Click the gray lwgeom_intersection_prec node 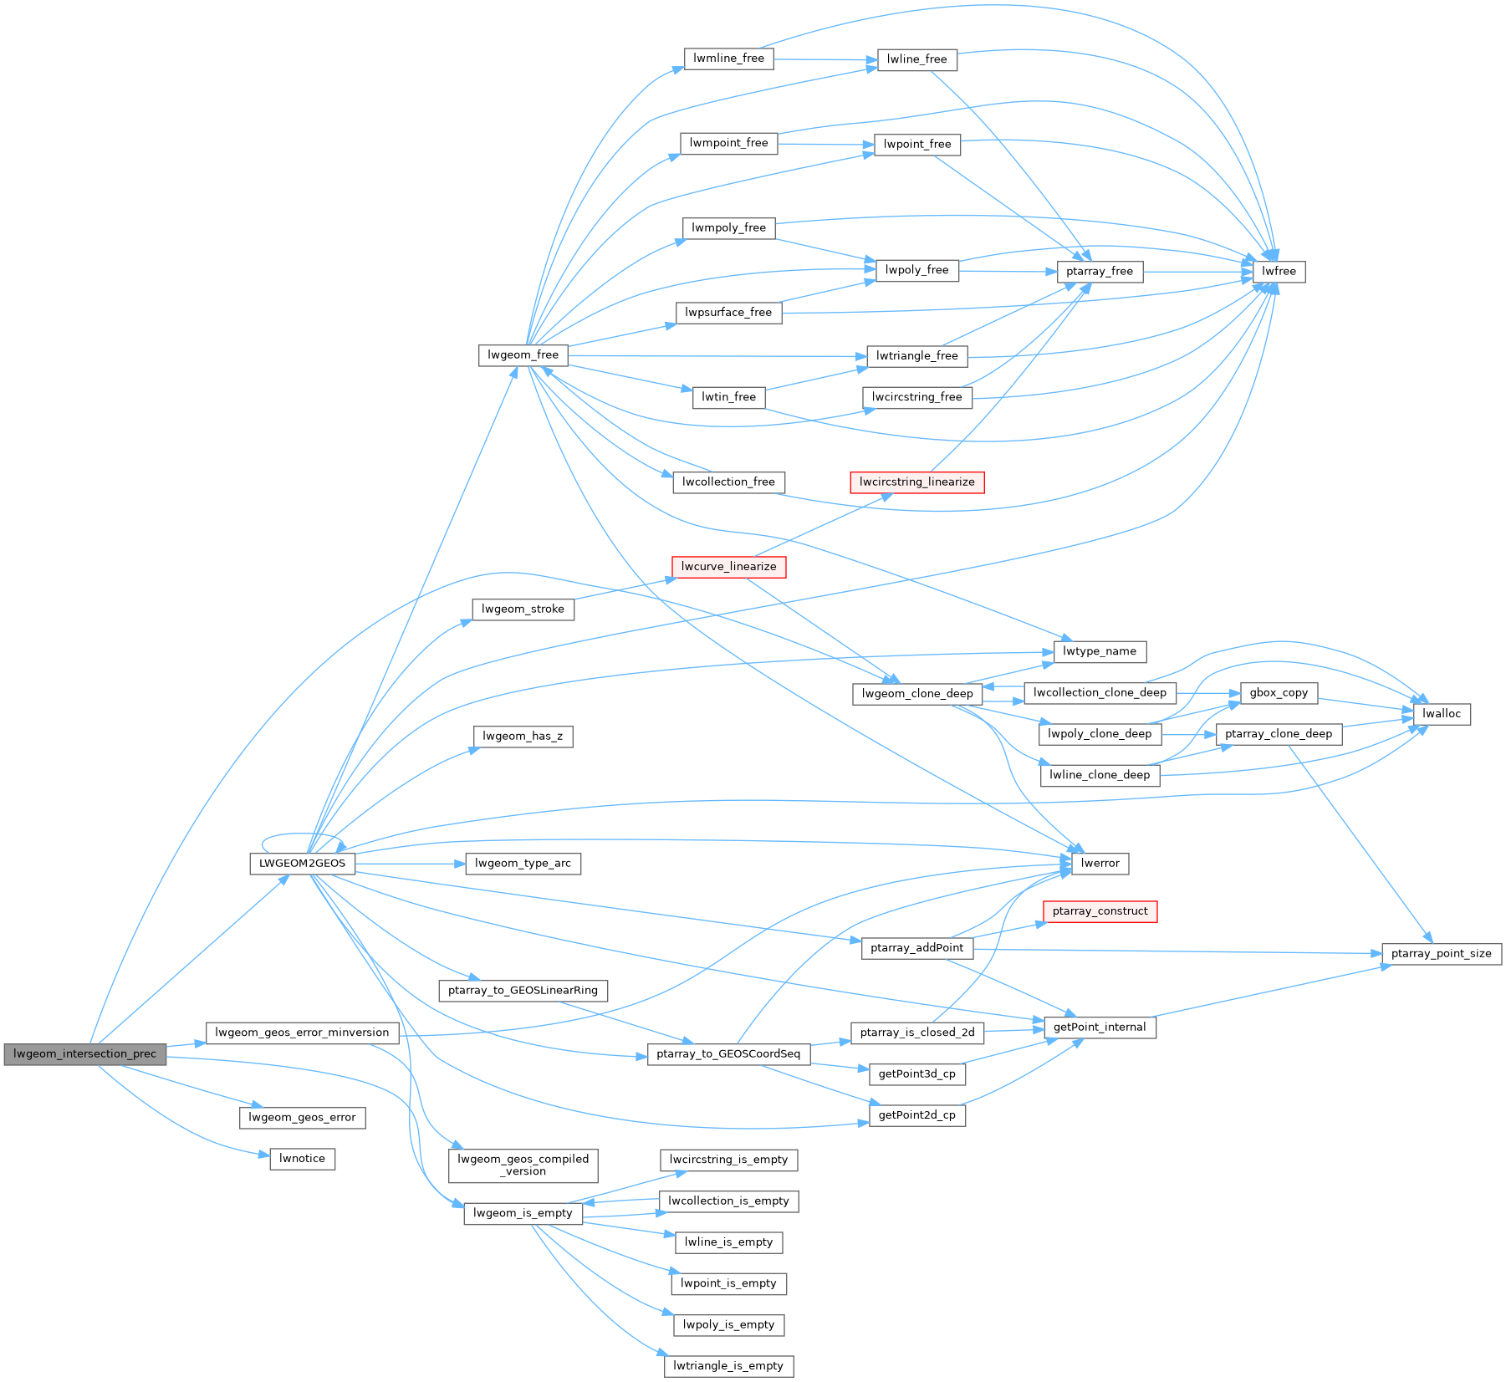84,1053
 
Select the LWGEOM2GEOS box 302,864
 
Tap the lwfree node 1279,272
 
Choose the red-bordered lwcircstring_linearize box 916,482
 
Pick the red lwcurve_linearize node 728,567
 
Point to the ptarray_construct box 1100,911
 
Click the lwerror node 1100,864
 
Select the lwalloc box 1442,714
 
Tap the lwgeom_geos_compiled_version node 523,1165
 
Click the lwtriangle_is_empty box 728,1366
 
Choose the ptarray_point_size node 1441,954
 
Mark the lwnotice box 302,1159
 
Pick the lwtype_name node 1099,651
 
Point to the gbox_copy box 1279,692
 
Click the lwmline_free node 728,59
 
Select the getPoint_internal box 1100,1028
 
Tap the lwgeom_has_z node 523,737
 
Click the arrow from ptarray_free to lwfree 1197,272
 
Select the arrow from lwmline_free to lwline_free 824,59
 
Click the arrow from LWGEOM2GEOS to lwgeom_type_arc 410,864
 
